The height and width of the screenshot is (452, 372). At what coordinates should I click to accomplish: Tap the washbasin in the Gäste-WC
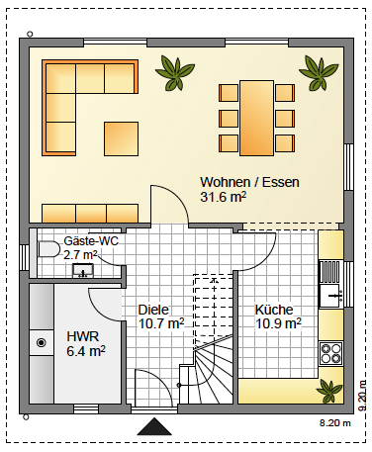83,270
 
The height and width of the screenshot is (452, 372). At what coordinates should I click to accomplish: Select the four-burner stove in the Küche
330,353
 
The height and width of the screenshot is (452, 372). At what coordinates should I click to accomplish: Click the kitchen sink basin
330,296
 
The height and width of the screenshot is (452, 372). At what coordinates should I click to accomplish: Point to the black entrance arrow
154,426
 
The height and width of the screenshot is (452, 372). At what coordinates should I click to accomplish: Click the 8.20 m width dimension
334,423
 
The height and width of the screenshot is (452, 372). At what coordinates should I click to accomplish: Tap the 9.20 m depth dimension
362,396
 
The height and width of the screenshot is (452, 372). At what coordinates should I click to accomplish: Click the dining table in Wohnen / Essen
256,118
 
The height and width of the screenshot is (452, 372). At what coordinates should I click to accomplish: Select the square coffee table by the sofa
121,138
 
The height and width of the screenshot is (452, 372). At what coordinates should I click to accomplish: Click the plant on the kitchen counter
328,391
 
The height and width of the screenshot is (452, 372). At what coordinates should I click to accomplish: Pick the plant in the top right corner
319,73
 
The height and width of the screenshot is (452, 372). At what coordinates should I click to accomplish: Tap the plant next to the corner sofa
175,73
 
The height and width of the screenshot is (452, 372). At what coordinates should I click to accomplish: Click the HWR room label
83,336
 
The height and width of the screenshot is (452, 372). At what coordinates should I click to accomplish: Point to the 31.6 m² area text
224,197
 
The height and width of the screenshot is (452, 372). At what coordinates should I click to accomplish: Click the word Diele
153,310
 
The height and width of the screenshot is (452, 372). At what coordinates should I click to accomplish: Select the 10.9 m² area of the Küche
278,323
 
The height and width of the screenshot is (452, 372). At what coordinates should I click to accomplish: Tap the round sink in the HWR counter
42,343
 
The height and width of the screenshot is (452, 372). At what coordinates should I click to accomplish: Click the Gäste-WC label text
91,241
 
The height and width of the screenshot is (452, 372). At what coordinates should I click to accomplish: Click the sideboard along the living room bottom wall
90,214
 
